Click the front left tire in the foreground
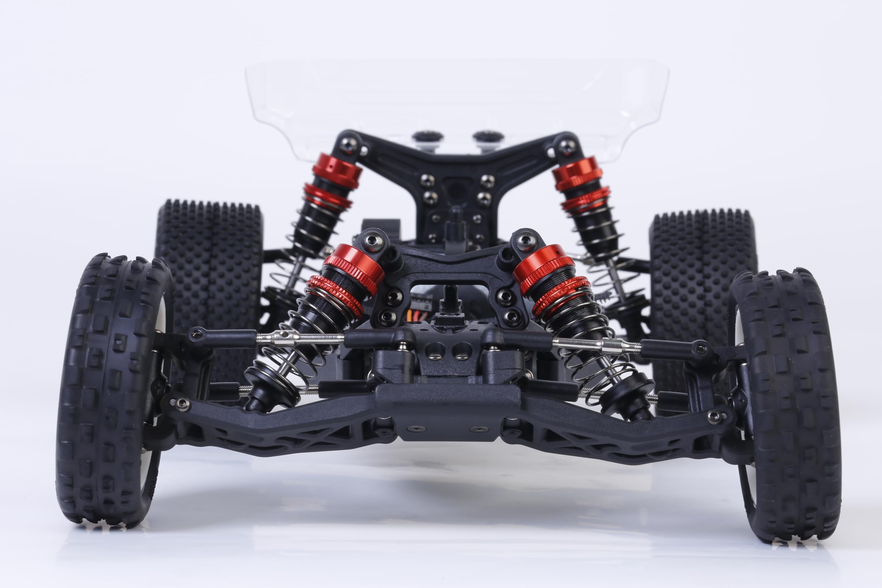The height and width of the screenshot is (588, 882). click(109, 390)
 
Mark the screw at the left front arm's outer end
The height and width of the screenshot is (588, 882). click(182, 403)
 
